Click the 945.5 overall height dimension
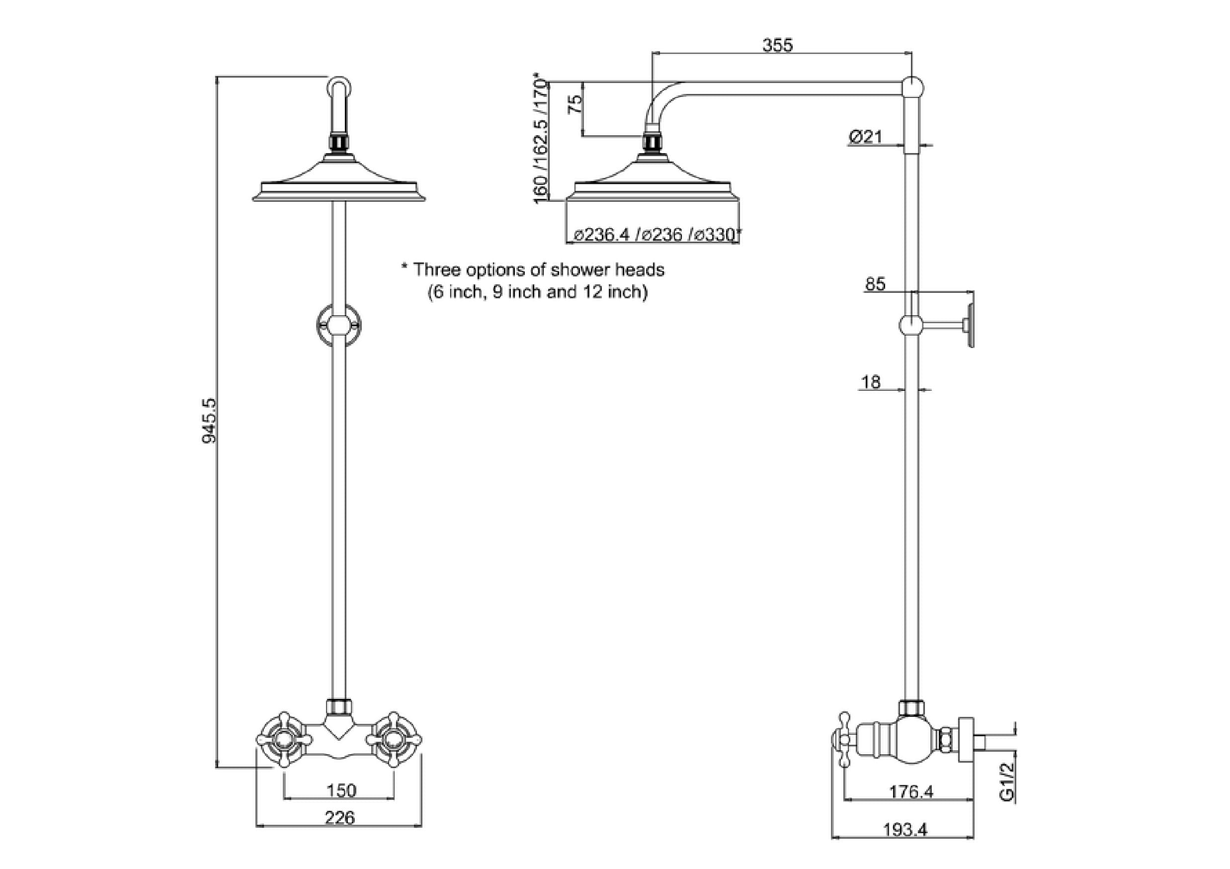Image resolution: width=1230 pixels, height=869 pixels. pyautogui.click(x=209, y=420)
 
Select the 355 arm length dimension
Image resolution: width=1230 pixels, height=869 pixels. pyautogui.click(x=777, y=45)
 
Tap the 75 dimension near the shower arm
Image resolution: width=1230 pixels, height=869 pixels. pyautogui.click(x=575, y=104)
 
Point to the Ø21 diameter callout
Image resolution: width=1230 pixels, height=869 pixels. pyautogui.click(x=865, y=137)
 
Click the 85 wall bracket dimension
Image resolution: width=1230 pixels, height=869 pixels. pyautogui.click(x=875, y=284)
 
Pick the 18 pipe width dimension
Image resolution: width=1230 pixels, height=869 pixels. pyautogui.click(x=871, y=382)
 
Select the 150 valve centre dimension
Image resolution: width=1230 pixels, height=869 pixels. pyautogui.click(x=341, y=790)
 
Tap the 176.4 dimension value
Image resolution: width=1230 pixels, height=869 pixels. pyautogui.click(x=911, y=791)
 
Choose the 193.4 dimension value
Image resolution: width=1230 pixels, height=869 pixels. pyautogui.click(x=905, y=830)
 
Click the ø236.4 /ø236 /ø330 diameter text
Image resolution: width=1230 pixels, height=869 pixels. pyautogui.click(x=657, y=235)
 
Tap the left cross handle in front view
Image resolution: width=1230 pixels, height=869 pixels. pyautogui.click(x=284, y=740)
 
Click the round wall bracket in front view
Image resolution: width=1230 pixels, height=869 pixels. pyautogui.click(x=338, y=325)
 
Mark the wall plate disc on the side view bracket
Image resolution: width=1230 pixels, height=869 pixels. pyautogui.click(x=970, y=325)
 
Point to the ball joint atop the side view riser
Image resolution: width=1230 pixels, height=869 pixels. pyautogui.click(x=912, y=87)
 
